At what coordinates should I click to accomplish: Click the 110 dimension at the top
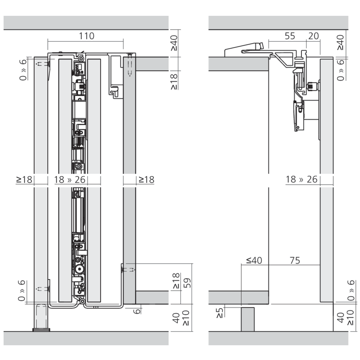tap(86, 36)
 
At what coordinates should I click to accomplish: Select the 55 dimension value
tap(290, 36)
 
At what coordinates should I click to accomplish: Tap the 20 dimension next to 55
tap(314, 36)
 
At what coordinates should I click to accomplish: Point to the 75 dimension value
tap(295, 261)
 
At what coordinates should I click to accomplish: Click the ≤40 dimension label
tap(254, 261)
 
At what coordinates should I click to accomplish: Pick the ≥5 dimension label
tap(220, 313)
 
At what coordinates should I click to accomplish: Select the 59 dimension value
tap(187, 283)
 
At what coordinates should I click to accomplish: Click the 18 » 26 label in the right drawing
tap(301, 179)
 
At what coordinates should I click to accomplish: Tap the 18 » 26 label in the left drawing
tap(70, 180)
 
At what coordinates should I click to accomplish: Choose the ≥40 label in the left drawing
tap(174, 43)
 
